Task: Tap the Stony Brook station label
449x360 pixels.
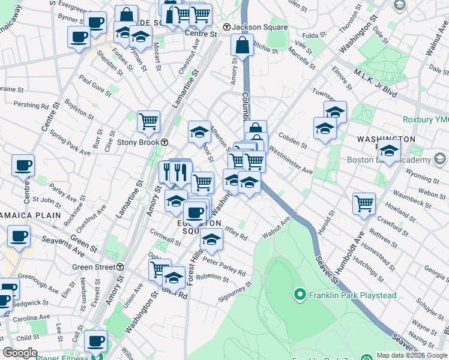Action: (x=138, y=142)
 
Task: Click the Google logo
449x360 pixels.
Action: (x=20, y=353)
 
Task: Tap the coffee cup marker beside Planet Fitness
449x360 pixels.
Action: (x=95, y=341)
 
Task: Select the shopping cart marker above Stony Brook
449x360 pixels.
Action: (x=148, y=121)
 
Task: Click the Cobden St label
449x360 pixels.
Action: (x=292, y=141)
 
